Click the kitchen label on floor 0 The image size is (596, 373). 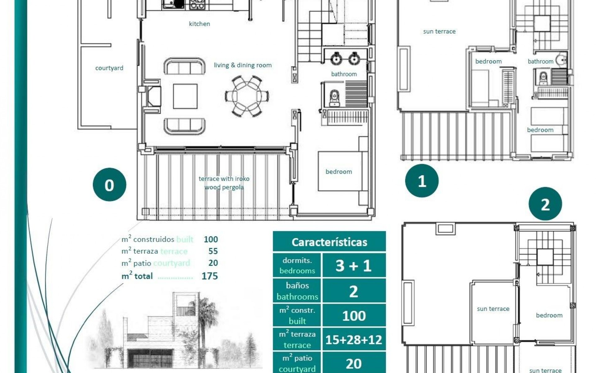[x=199, y=24]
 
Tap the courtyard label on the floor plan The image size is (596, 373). [x=109, y=68]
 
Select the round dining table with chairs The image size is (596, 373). [x=247, y=96]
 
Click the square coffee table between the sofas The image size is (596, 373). [x=185, y=96]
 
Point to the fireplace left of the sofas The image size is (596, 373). [x=153, y=96]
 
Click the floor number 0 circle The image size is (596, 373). [x=109, y=185]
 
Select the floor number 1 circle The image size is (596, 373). [x=422, y=181]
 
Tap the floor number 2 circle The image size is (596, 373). [x=545, y=204]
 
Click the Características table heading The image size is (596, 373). [x=329, y=242]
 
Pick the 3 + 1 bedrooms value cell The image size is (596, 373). [x=354, y=265]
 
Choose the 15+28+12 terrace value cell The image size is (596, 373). [x=354, y=340]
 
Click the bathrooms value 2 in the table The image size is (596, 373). [x=354, y=291]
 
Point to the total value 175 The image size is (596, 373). [x=210, y=276]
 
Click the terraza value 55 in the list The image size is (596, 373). [x=213, y=251]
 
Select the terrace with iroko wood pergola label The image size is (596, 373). [x=224, y=183]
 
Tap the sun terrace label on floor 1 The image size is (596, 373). [x=439, y=31]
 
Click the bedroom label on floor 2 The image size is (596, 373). [x=549, y=315]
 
